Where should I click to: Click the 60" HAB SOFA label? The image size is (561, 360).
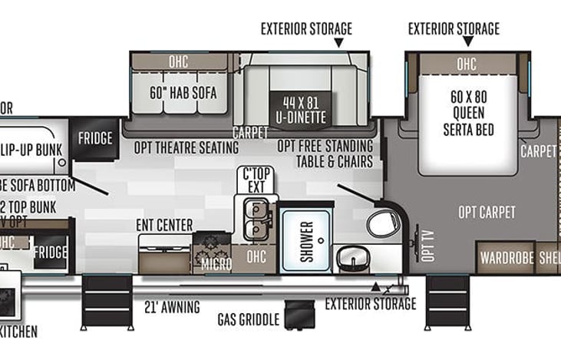click(x=183, y=94)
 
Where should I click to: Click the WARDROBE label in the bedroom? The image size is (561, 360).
click(x=506, y=257)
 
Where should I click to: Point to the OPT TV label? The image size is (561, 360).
click(x=427, y=245)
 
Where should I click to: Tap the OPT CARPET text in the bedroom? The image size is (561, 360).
click(x=487, y=213)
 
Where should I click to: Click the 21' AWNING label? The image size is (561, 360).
click(x=172, y=307)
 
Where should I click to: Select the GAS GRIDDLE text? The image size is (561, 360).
click(x=247, y=319)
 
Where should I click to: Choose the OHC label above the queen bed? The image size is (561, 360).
click(x=467, y=64)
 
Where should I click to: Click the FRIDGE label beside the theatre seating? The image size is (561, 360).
click(x=95, y=139)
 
